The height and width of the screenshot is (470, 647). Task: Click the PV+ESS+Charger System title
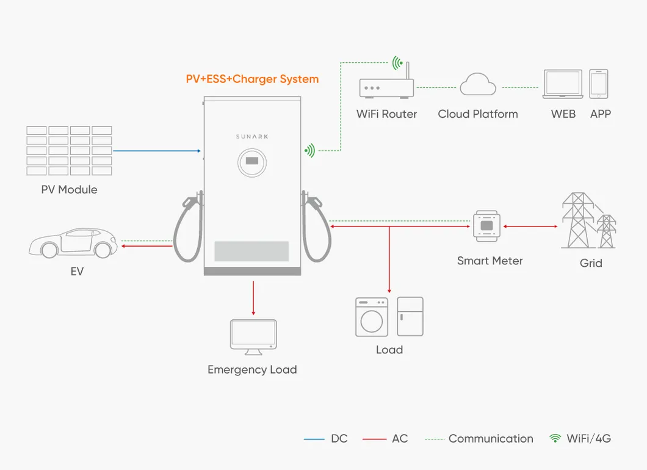coord(252,79)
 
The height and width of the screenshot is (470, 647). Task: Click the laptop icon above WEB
coord(562,84)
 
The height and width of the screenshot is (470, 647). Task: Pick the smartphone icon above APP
coord(599,84)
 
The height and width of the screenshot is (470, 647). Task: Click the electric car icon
coord(73,242)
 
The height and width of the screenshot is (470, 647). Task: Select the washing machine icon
coord(372,317)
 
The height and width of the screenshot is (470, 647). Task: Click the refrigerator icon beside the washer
coord(410,316)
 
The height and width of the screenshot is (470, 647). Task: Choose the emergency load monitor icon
coord(253,336)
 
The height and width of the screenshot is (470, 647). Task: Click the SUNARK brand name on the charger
coord(252,137)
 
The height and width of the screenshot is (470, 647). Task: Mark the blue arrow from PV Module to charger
coord(157,151)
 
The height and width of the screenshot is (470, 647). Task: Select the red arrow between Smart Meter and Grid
coord(530,226)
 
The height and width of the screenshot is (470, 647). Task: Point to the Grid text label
coord(591,263)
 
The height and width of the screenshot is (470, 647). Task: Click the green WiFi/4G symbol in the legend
coord(555,438)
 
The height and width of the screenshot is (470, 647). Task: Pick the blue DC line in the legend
coord(314,439)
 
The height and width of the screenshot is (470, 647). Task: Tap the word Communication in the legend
coord(491,439)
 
